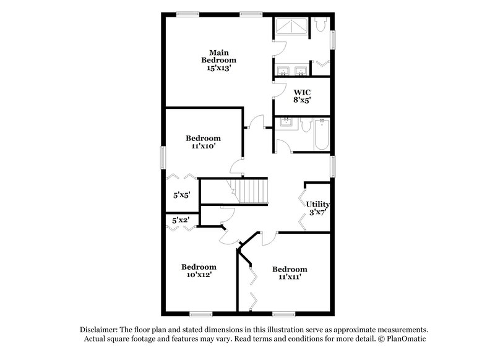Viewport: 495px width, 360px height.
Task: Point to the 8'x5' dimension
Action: pyautogui.click(x=302, y=100)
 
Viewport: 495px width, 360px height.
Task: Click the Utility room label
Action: pyautogui.click(x=317, y=204)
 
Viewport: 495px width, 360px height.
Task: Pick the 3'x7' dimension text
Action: pyautogui.click(x=317, y=213)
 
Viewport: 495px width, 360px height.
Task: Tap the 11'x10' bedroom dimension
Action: pyautogui.click(x=203, y=147)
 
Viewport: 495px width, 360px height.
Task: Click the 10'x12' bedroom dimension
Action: pyautogui.click(x=199, y=276)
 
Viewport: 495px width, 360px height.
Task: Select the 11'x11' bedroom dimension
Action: pyautogui.click(x=290, y=278)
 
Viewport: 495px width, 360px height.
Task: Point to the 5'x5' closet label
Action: pyautogui.click(x=181, y=195)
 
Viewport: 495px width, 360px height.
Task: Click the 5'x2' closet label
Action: pyautogui.click(x=180, y=219)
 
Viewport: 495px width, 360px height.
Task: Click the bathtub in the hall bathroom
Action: pyautogui.click(x=321, y=134)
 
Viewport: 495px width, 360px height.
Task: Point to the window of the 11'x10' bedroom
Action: pyautogui.click(x=163, y=156)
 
